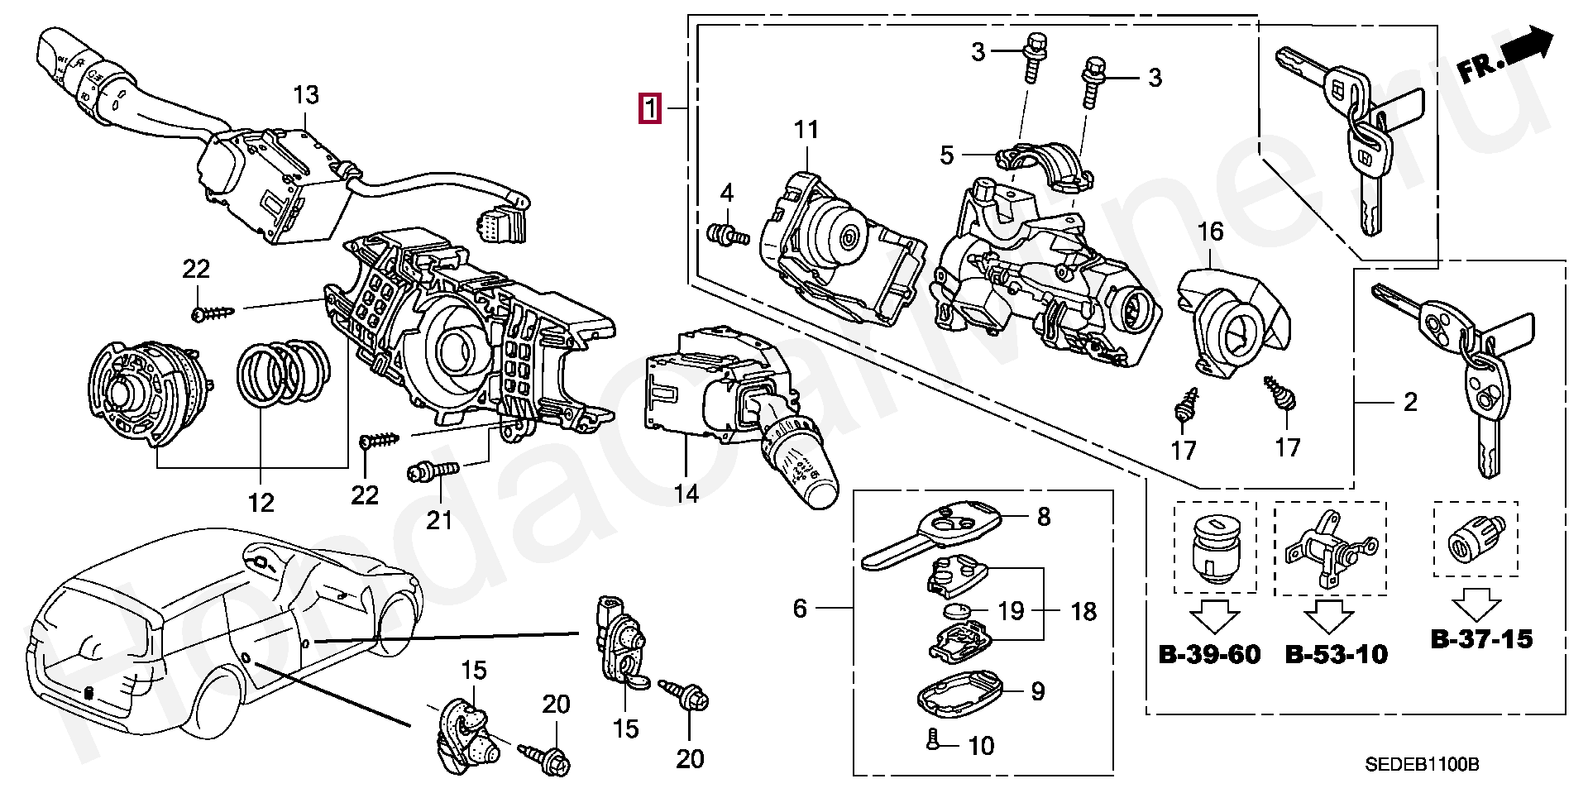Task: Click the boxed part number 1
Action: pyautogui.click(x=650, y=109)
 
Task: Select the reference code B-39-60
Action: pyautogui.click(x=1210, y=655)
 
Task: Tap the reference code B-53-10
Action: pyautogui.click(x=1337, y=655)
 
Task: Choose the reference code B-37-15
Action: pyautogui.click(x=1481, y=638)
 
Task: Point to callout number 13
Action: pyautogui.click(x=306, y=95)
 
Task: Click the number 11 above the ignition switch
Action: pyautogui.click(x=806, y=130)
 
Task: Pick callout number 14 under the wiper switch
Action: pyautogui.click(x=686, y=494)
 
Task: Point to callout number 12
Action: pyautogui.click(x=261, y=502)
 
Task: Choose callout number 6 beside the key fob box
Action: pyautogui.click(x=799, y=609)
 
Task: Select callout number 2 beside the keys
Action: pyautogui.click(x=1410, y=403)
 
